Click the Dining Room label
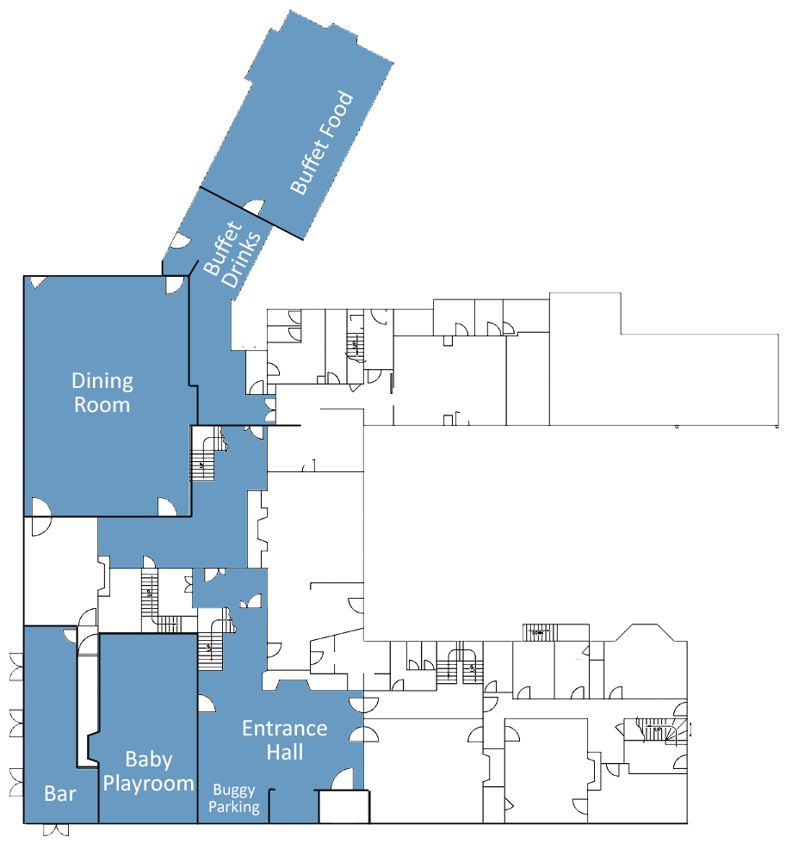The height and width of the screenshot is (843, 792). click(x=102, y=393)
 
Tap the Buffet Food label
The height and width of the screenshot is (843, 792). click(x=322, y=143)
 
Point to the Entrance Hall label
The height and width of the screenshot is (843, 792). click(x=285, y=740)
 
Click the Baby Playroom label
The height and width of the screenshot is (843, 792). click(x=148, y=772)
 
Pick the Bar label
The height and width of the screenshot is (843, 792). click(x=60, y=793)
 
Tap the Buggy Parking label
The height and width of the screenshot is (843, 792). click(x=234, y=798)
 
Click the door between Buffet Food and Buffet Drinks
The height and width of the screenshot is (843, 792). click(x=254, y=207)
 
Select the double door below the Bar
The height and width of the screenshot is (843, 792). click(x=56, y=829)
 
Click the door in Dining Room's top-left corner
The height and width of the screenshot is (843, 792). click(x=38, y=282)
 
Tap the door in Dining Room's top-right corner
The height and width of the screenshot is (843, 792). click(x=174, y=285)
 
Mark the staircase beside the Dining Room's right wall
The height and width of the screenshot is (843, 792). click(x=207, y=452)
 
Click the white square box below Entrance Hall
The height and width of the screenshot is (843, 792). click(x=343, y=807)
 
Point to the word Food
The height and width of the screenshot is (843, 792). click(x=337, y=116)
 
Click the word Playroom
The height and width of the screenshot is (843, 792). click(x=148, y=784)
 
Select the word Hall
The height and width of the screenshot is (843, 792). click(x=285, y=752)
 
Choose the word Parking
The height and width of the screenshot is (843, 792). click(x=234, y=807)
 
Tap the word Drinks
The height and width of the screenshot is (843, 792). click(x=242, y=260)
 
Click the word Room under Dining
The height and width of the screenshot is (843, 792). click(x=102, y=405)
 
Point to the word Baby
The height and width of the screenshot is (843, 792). click(x=148, y=759)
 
